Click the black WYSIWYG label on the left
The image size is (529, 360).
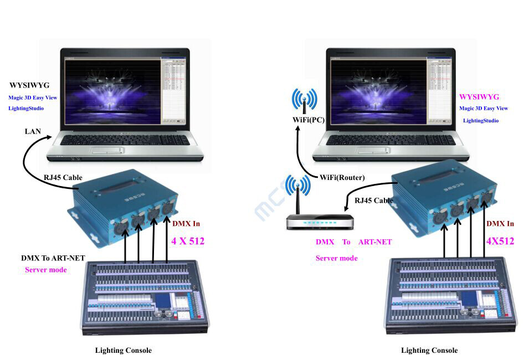point(29,86)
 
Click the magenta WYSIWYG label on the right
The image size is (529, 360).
point(479,97)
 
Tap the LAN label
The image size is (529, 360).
point(32,131)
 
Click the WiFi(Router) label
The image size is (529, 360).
point(342,177)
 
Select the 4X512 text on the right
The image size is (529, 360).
point(500,241)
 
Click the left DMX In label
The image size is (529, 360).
point(186,224)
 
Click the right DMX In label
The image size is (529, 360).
point(500,224)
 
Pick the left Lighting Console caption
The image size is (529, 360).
point(123,350)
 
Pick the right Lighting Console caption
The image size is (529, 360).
point(429,350)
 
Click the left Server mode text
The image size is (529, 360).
point(46,270)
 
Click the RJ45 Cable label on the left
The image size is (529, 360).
point(63,178)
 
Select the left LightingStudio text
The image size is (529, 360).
point(26,109)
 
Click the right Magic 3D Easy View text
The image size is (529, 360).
point(484,109)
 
